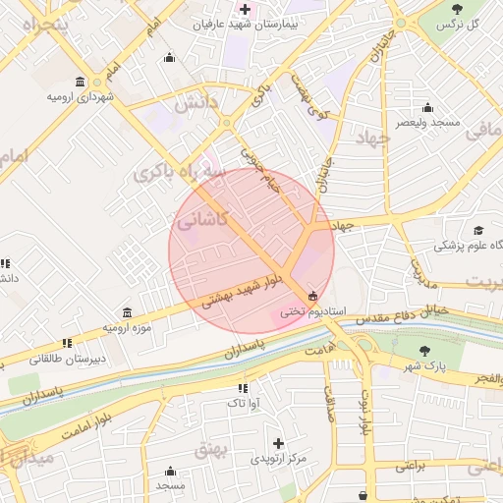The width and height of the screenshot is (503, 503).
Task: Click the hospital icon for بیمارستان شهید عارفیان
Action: point(245,9)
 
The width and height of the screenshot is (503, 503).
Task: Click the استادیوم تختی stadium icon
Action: point(313,296)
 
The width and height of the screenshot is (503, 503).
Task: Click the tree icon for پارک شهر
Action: point(424,351)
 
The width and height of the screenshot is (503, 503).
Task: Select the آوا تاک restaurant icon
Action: point(243,389)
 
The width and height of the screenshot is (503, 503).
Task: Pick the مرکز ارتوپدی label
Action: point(279,459)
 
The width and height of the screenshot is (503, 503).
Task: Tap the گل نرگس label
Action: point(459,23)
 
